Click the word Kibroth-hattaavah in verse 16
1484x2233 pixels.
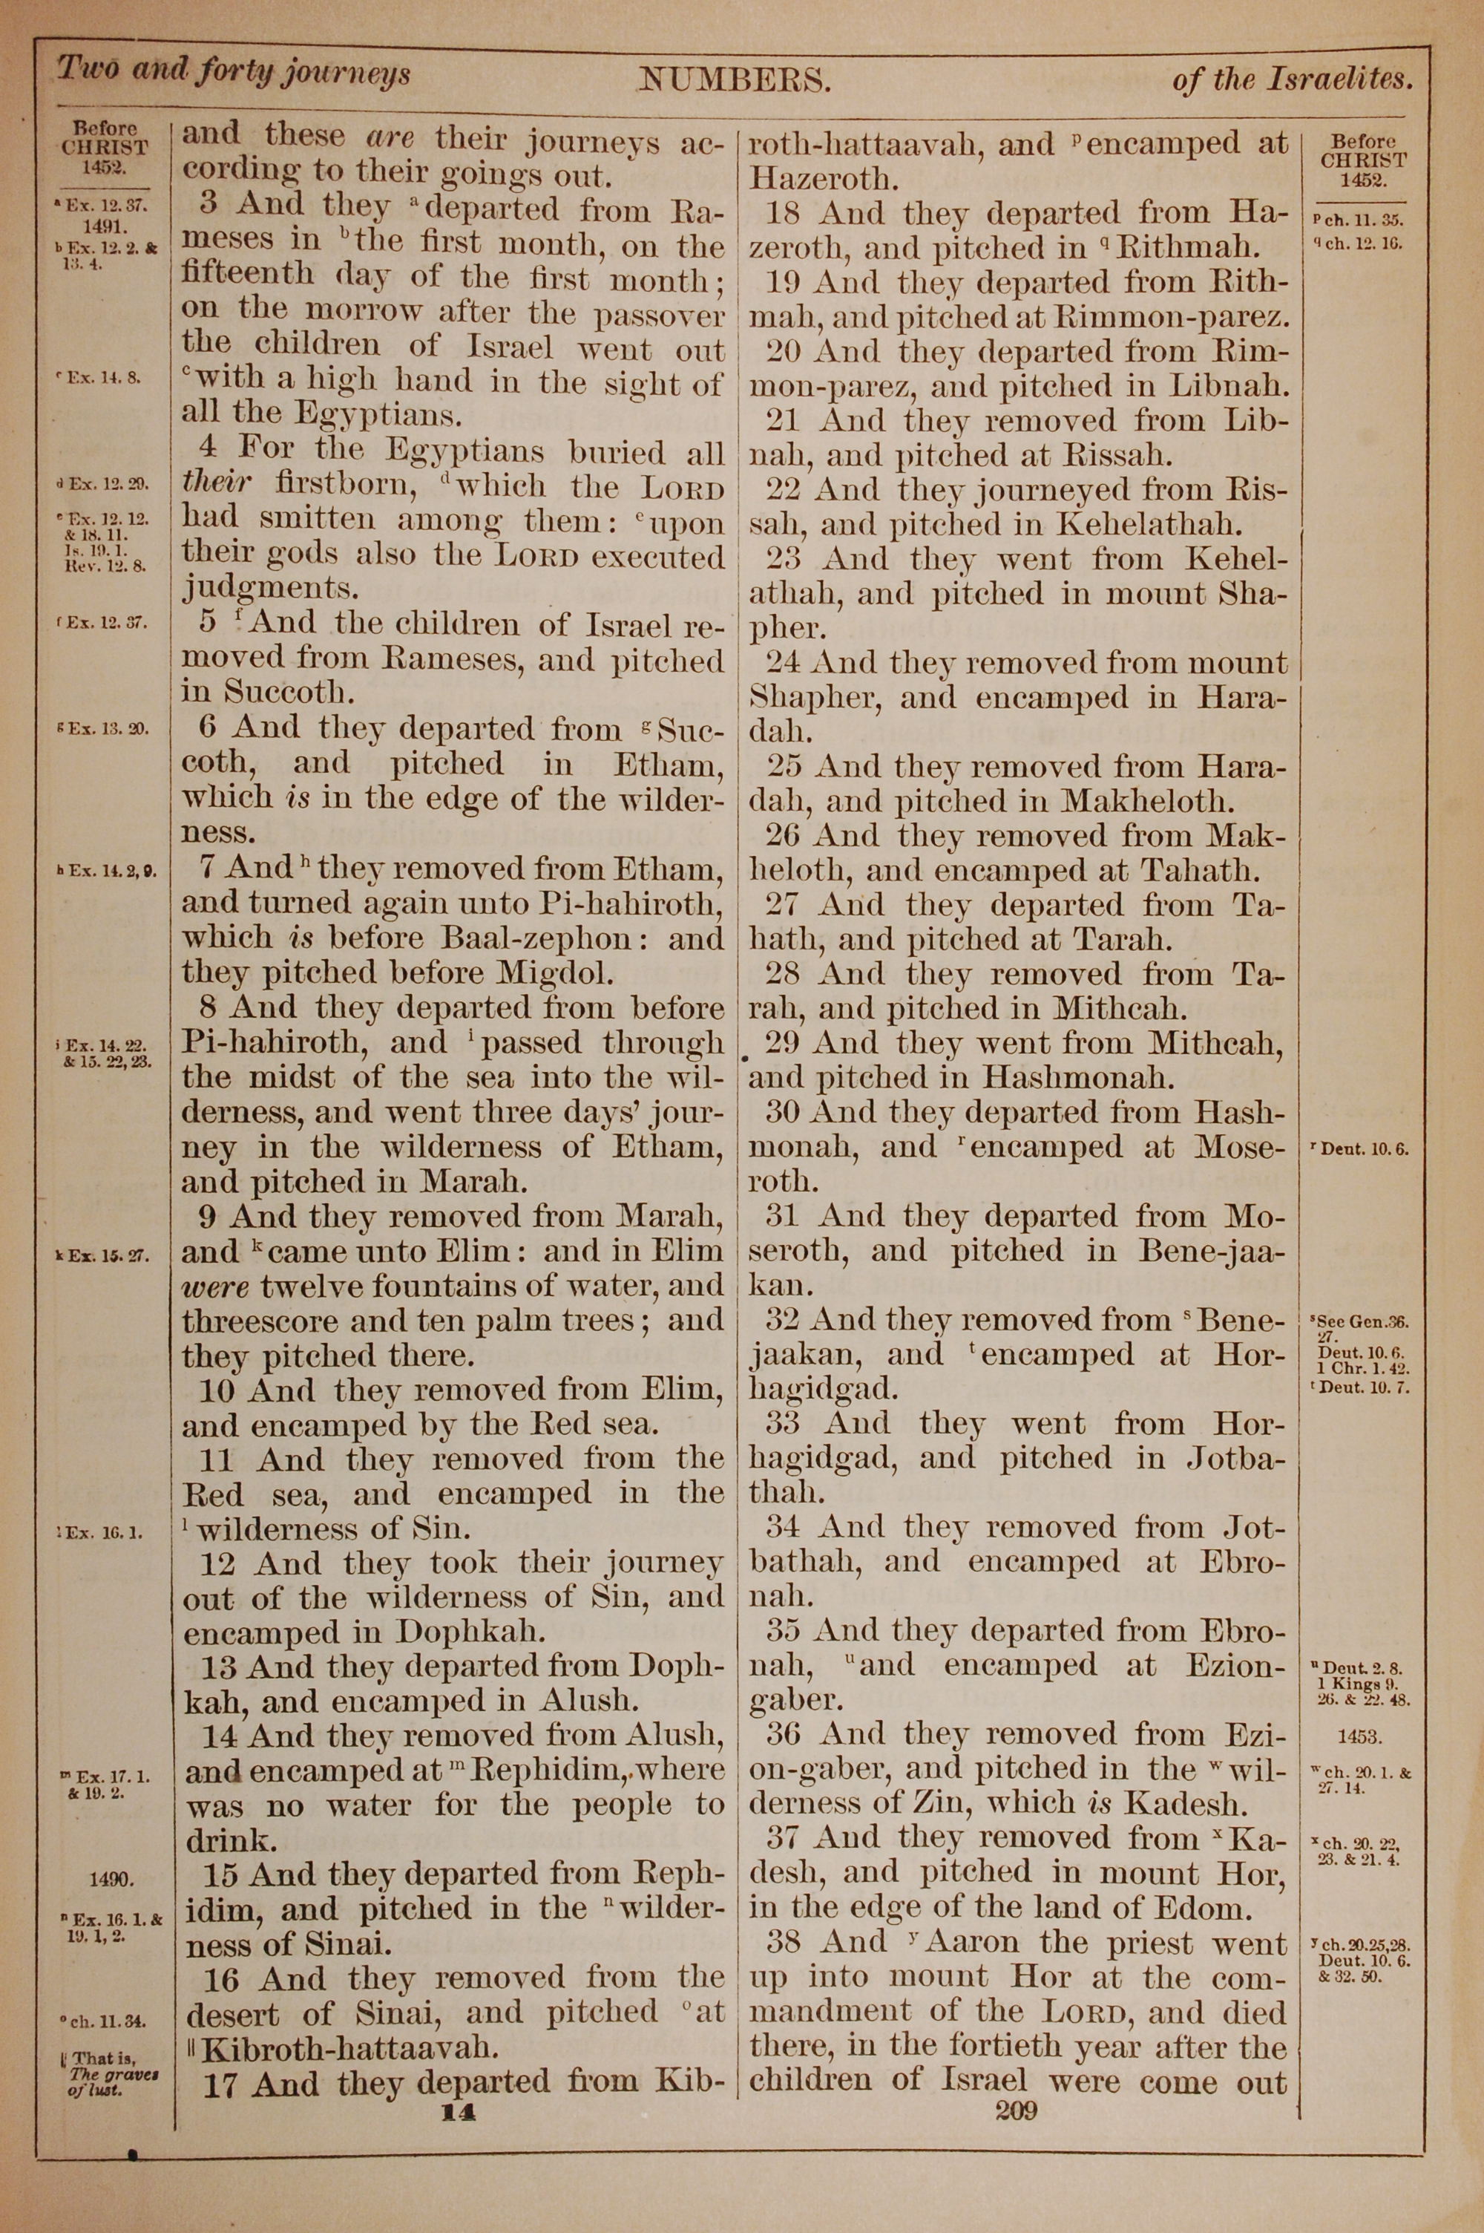(349, 2050)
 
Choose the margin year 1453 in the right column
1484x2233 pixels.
(1360, 1737)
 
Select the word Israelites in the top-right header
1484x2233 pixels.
(1337, 80)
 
